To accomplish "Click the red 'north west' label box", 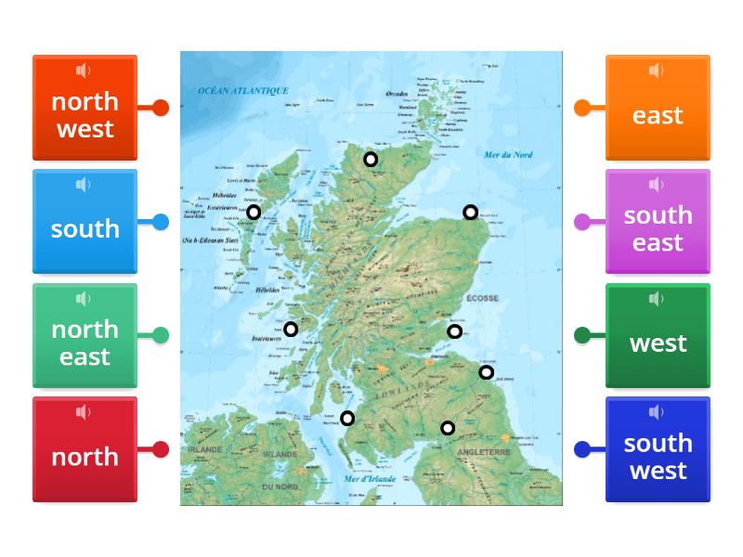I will [x=85, y=108].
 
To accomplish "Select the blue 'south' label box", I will [x=85, y=222].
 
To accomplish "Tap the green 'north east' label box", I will [x=85, y=336].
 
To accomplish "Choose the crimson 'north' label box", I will [x=85, y=450].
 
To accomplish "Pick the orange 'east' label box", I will [x=658, y=108].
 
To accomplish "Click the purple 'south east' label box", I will [x=658, y=222].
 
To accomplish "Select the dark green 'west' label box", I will [x=658, y=336].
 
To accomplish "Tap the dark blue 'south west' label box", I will [x=658, y=450].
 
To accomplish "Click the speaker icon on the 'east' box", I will [x=657, y=71].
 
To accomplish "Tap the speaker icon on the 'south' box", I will [x=84, y=185].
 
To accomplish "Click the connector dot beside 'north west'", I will [x=161, y=108].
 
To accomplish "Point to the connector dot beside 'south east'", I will [x=582, y=222].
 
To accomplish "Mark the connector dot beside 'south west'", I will [x=582, y=450].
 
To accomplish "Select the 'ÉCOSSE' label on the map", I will [x=483, y=298].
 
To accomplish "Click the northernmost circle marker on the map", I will [x=371, y=160].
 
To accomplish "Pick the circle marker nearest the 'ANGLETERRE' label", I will [x=448, y=428].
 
